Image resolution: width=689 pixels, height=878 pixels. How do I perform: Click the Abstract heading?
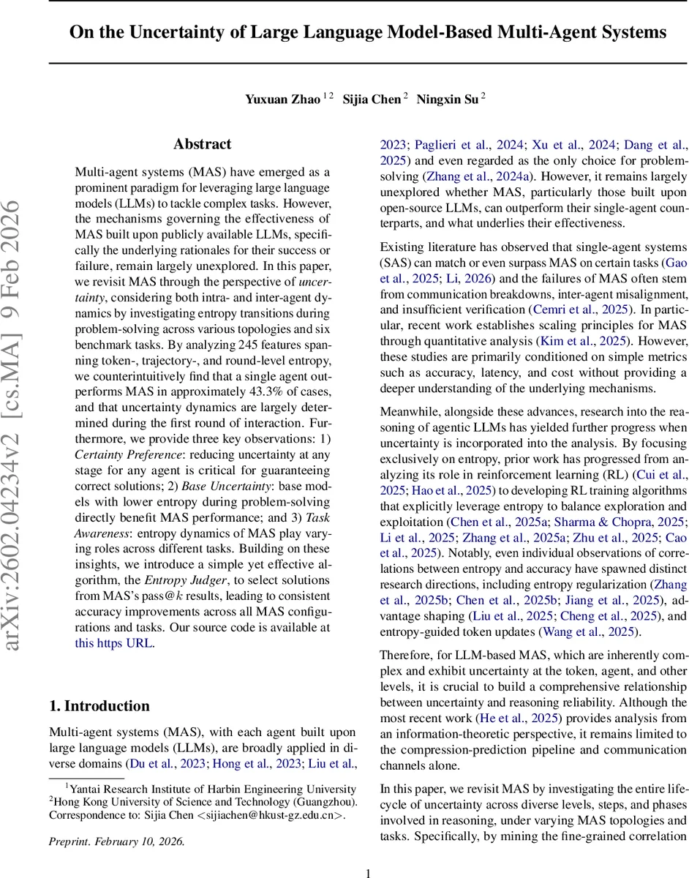(x=202, y=144)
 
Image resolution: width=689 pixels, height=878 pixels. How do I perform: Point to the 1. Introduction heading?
(x=99, y=705)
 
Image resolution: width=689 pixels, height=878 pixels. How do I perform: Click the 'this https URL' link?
(x=114, y=643)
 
